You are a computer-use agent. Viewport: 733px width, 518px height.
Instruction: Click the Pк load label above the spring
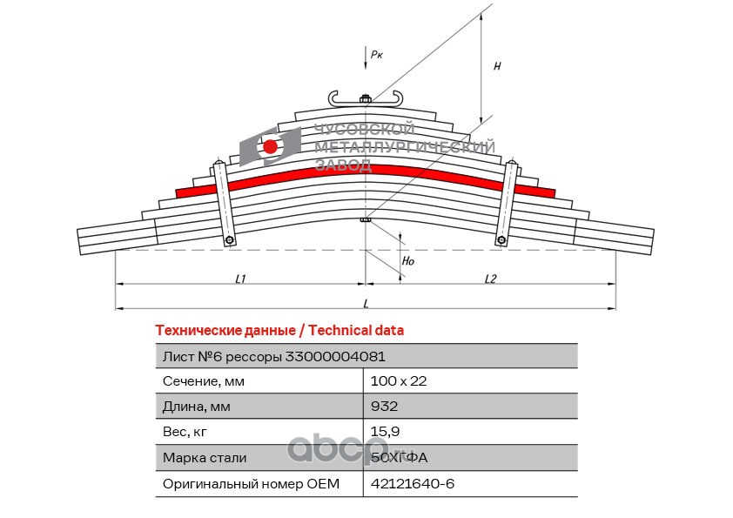[x=376, y=55]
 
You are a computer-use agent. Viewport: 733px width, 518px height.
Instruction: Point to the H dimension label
[x=497, y=66]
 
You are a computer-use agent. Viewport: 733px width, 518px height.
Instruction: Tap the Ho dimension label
[x=408, y=261]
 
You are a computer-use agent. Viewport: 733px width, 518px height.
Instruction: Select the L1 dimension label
[x=240, y=279]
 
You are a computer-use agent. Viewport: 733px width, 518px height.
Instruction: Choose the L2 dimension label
[x=490, y=279]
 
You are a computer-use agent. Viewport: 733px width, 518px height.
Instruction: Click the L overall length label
[x=366, y=304]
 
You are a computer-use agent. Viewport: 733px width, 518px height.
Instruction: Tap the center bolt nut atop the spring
[x=366, y=98]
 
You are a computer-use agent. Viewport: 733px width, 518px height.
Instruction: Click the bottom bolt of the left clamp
[x=230, y=240]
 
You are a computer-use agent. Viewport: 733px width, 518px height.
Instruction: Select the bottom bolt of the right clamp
[x=501, y=240]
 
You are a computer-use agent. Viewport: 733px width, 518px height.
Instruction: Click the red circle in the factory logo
[x=270, y=147]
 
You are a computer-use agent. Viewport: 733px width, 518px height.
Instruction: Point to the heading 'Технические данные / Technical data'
[x=279, y=331]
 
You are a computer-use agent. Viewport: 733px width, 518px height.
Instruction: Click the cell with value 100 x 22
[x=399, y=381]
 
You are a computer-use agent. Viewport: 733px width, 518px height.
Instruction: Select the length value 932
[x=384, y=407]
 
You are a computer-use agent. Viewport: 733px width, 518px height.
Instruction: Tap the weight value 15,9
[x=385, y=432]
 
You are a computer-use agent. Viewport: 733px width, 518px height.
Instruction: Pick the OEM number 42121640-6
[x=413, y=483]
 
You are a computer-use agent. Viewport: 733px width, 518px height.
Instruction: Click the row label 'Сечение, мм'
[x=204, y=381]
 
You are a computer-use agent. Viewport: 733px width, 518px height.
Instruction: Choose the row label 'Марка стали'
[x=205, y=458]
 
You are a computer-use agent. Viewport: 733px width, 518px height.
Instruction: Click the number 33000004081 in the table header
[x=335, y=357]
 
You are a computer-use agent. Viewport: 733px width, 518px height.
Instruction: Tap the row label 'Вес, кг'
[x=185, y=432]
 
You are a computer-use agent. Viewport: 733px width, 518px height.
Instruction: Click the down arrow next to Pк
[x=366, y=58]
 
